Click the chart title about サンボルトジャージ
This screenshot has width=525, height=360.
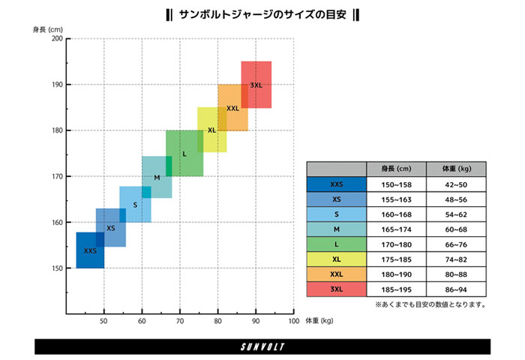click(262, 14)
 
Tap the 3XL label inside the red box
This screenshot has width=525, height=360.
click(256, 85)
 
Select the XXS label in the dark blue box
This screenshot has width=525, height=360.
click(90, 250)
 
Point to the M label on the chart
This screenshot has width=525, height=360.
click(157, 178)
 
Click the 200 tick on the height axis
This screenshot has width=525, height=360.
click(56, 38)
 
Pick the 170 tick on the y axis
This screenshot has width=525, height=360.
click(56, 176)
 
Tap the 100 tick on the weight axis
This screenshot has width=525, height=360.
click(292, 322)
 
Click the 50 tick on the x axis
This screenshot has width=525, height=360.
click(103, 322)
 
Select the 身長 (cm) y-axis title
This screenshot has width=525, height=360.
click(47, 29)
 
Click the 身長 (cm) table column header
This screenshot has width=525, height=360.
click(396, 169)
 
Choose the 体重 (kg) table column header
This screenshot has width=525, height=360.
click(456, 169)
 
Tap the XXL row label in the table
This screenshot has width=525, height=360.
click(336, 274)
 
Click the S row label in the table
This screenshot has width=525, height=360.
click(336, 214)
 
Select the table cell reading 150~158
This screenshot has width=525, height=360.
click(396, 184)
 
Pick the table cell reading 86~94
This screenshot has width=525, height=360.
click(456, 289)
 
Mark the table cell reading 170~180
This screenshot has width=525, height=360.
click(396, 244)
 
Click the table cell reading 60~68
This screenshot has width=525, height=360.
click(456, 229)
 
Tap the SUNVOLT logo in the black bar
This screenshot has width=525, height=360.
click(262, 346)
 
